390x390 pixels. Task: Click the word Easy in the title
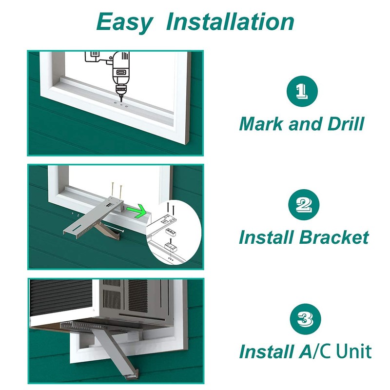click(x=124, y=21)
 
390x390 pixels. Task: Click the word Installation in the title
click(x=230, y=21)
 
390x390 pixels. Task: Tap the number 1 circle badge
click(x=301, y=91)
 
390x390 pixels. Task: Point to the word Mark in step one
click(x=261, y=124)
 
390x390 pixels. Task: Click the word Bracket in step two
click(x=333, y=237)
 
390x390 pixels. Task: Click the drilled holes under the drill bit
click(x=120, y=103)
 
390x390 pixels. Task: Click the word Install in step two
click(x=266, y=237)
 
